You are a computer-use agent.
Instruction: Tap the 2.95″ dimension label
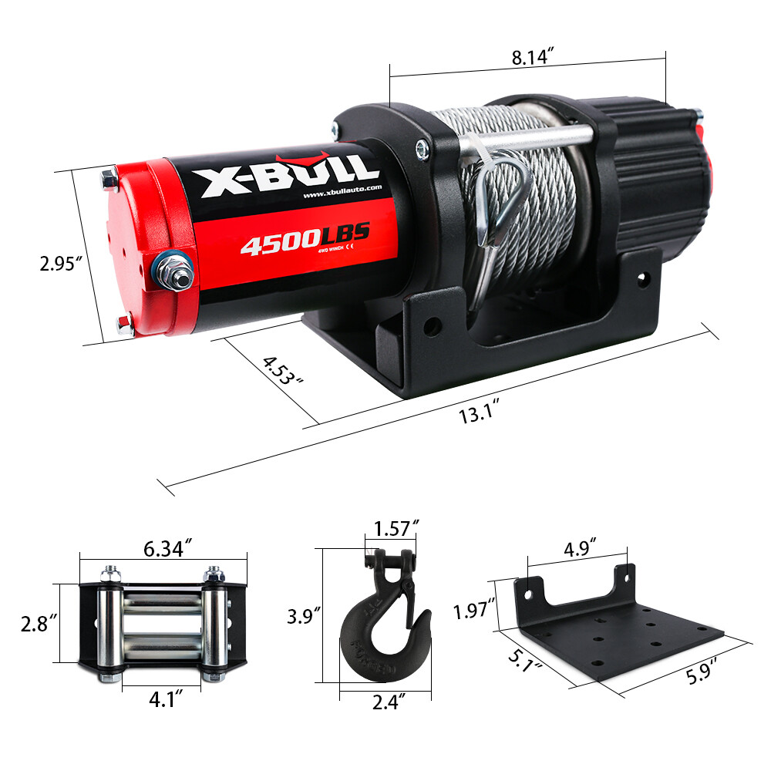point(61,264)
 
